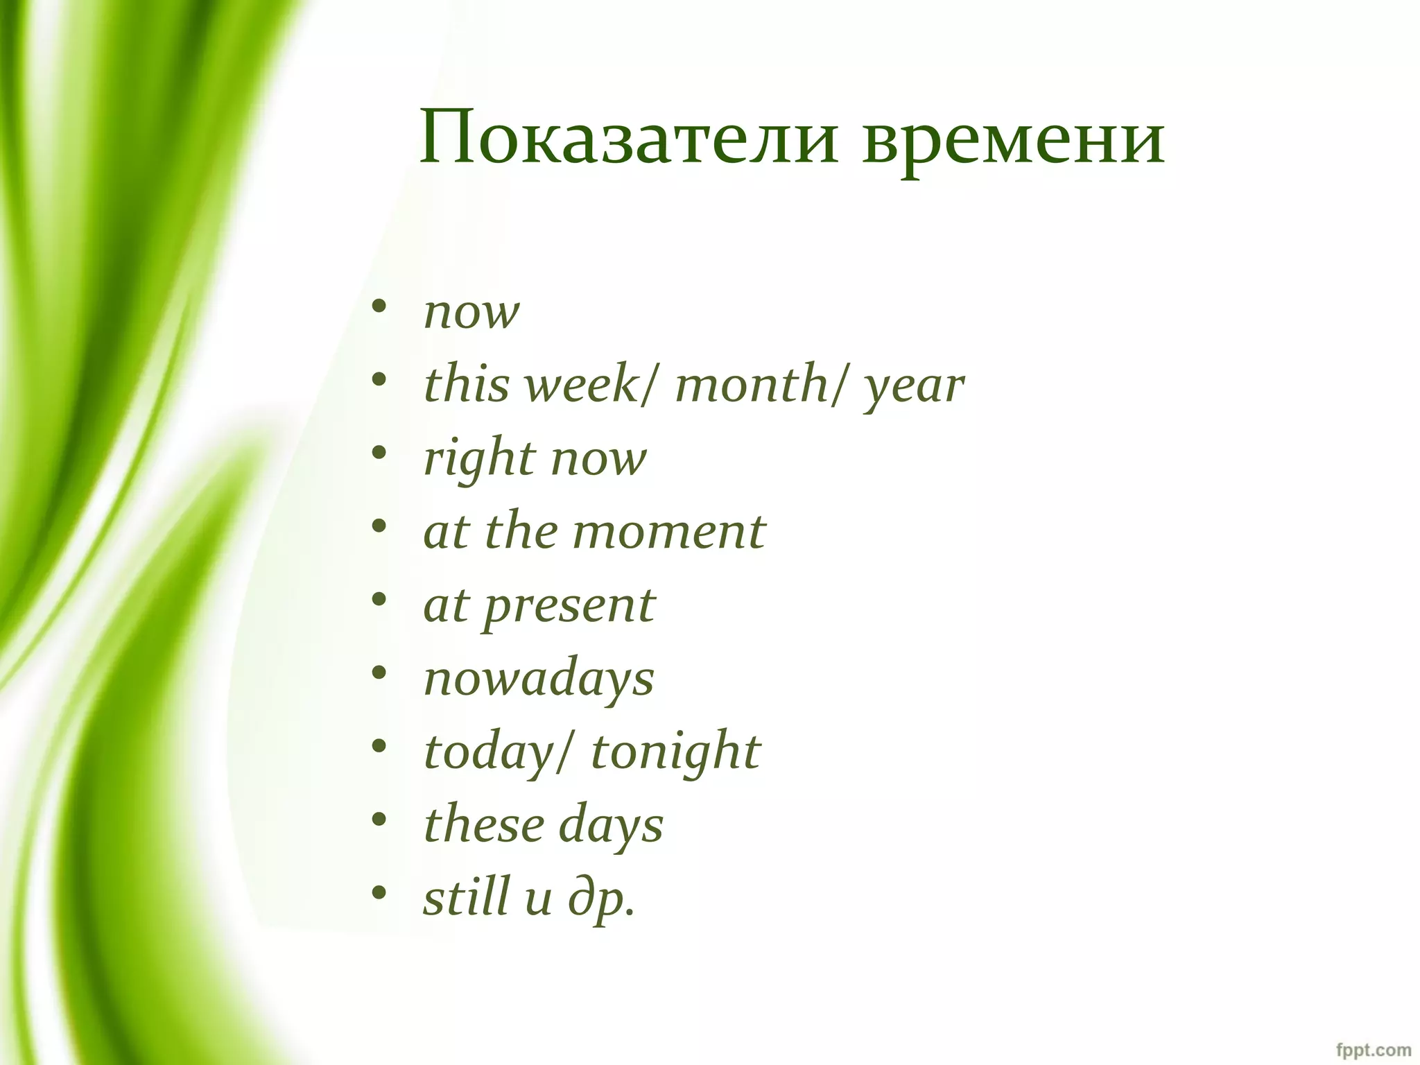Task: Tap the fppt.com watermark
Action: (1373, 1049)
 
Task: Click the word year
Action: (914, 387)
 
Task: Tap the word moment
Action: (669, 532)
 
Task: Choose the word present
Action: (569, 607)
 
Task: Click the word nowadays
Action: (539, 679)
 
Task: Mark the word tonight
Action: (675, 752)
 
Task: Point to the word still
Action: (467, 897)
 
